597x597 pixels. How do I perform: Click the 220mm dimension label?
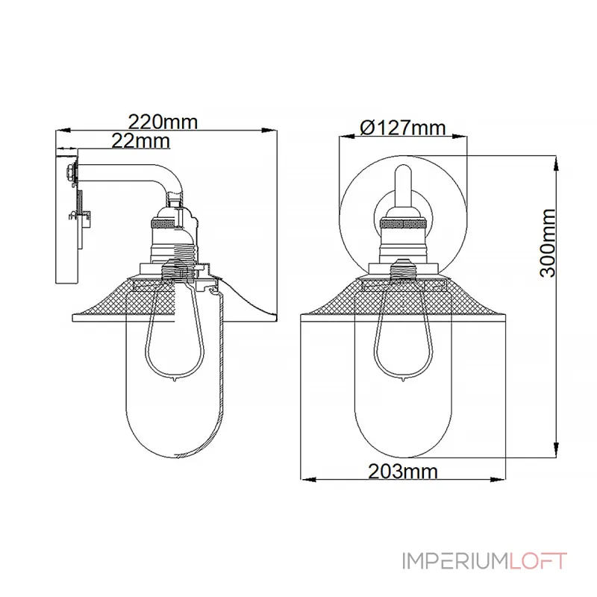163,121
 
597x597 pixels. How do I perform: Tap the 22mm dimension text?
140,140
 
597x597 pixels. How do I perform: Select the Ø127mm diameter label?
403,128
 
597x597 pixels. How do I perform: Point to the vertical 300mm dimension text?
548,243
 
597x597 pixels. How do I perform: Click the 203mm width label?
402,471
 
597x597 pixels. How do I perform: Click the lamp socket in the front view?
403,239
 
